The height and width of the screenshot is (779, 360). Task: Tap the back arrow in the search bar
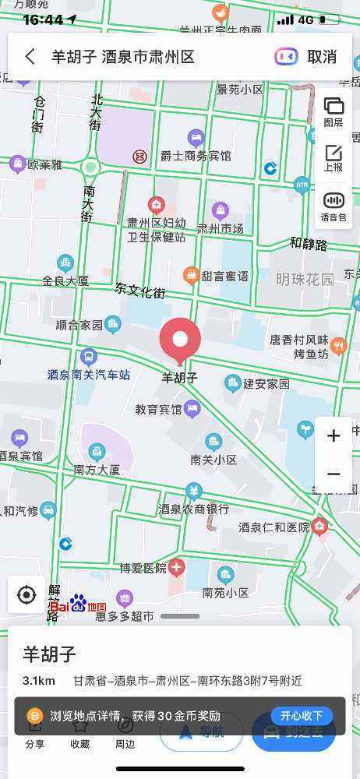30,56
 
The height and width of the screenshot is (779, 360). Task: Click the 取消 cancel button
322,56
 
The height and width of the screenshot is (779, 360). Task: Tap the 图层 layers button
334,111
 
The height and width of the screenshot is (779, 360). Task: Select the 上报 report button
334,158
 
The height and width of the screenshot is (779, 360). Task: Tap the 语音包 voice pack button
334,206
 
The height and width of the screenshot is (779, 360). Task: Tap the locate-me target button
26,596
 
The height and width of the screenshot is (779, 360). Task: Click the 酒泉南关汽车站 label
89,375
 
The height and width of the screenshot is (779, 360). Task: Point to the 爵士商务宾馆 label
196,156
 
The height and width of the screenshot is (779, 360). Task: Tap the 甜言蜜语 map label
224,276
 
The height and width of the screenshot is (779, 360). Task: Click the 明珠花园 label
305,278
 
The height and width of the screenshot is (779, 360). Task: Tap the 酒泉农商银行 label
193,509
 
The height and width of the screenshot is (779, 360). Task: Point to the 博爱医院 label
143,568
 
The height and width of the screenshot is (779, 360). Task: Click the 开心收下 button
302,715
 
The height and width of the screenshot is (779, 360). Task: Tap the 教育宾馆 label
158,408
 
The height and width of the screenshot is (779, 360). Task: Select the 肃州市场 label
220,228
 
